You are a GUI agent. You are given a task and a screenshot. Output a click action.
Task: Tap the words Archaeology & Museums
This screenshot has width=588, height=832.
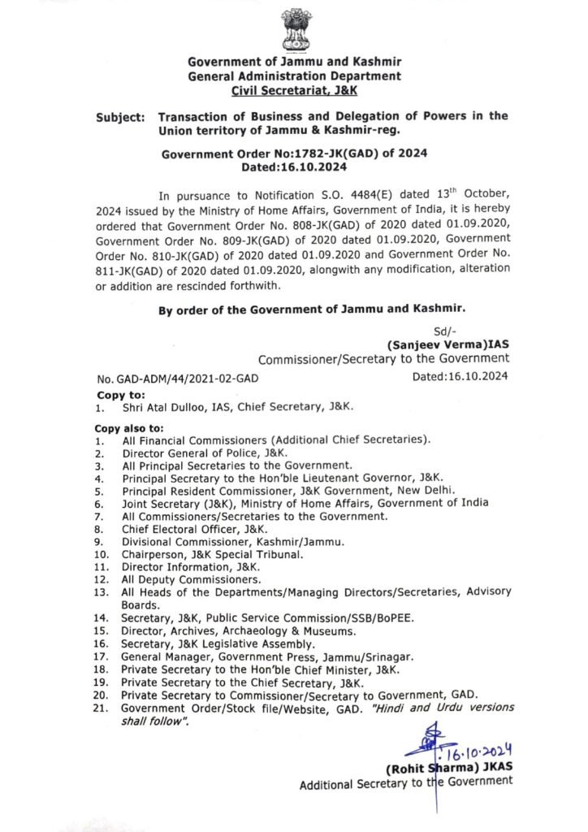click(283, 630)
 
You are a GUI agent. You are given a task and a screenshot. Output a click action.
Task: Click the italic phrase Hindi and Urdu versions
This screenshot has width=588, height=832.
click(451, 708)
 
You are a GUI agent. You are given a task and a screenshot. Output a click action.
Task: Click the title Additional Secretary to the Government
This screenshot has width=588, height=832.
click(406, 783)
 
